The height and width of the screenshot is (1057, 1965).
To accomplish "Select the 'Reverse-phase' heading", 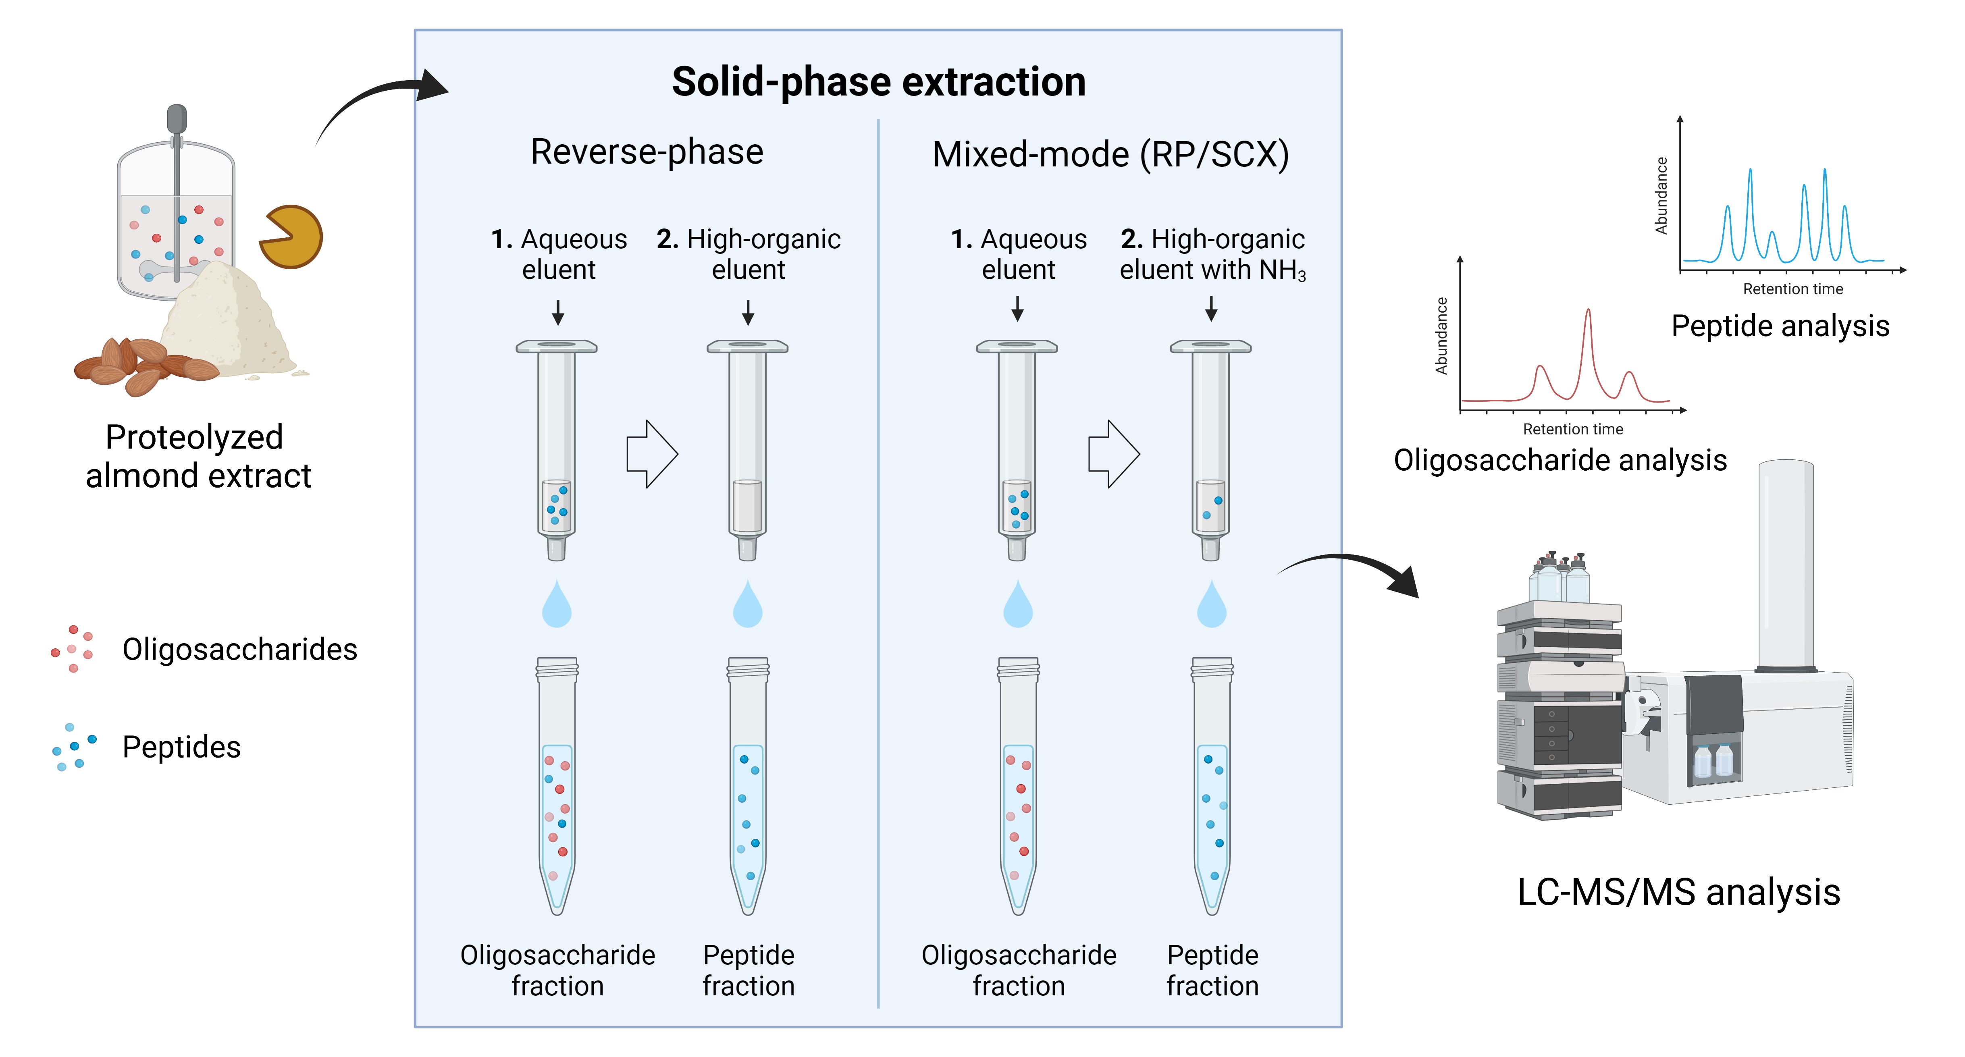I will pyautogui.click(x=647, y=152).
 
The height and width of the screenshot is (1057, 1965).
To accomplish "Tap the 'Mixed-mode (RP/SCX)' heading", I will pyautogui.click(x=1110, y=155).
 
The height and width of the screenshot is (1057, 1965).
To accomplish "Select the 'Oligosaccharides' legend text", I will pyautogui.click(x=239, y=649).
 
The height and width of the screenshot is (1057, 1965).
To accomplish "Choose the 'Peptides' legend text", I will pyautogui.click(x=181, y=747).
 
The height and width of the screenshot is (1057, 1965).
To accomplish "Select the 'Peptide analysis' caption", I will pyautogui.click(x=1780, y=326).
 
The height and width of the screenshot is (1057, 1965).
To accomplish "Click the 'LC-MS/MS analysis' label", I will pyautogui.click(x=1678, y=892).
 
